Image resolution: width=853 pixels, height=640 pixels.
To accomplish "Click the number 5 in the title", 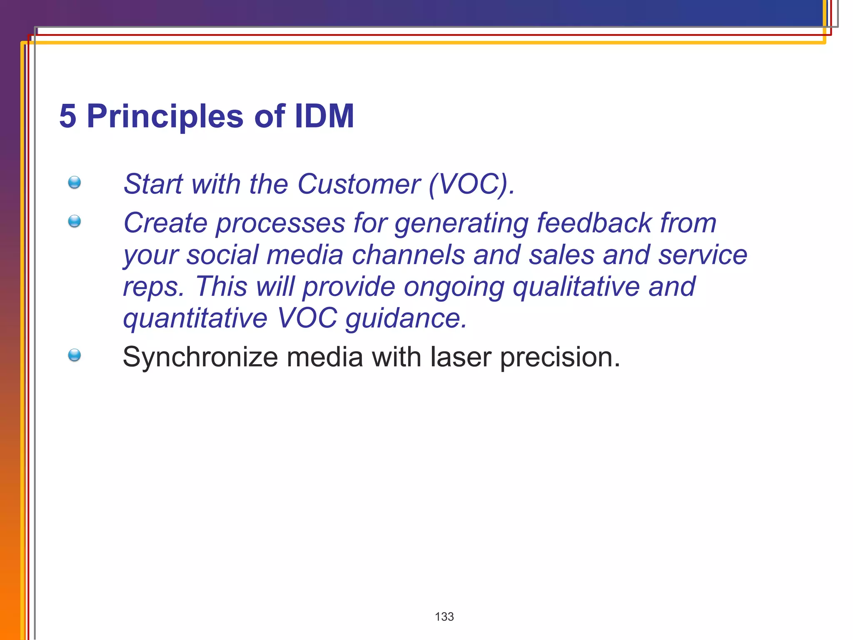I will point(68,116).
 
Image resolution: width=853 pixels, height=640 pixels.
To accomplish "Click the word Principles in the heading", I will point(165,116).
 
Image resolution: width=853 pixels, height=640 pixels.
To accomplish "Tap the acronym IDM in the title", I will point(324,116).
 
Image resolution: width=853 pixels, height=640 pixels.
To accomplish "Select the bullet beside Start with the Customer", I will point(75,182).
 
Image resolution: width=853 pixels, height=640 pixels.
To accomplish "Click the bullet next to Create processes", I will point(75,221).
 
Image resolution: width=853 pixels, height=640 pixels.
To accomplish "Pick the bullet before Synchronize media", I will point(75,355).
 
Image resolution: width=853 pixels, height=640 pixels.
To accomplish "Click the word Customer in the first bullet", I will point(359,184).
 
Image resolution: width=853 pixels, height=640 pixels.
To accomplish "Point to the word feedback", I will point(594,222).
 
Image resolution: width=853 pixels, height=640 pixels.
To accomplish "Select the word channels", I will point(408,255).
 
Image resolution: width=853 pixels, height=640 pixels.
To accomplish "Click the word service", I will point(703,255).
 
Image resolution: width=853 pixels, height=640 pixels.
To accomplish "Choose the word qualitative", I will point(576,287).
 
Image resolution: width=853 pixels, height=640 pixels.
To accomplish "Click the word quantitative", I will point(195,318).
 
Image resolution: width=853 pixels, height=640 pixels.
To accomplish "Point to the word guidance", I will point(406,319).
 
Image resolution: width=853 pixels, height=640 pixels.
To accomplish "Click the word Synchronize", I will point(200,357).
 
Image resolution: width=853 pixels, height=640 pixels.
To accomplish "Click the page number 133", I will point(444,617).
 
